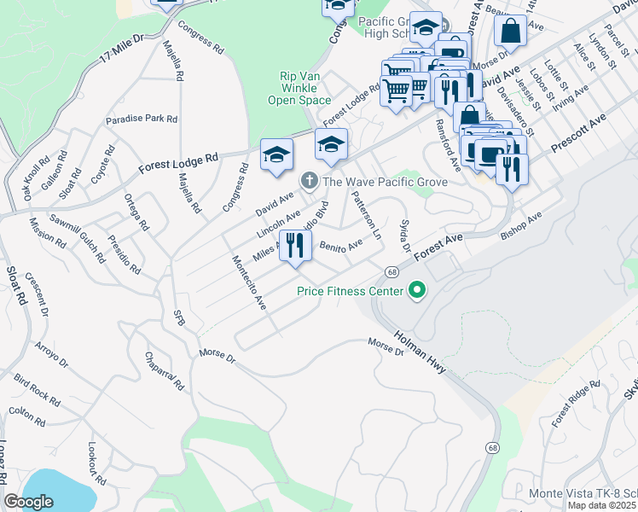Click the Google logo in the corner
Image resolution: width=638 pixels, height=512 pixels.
29,502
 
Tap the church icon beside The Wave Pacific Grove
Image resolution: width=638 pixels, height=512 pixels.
309,182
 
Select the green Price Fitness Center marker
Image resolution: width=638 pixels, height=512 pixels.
417,292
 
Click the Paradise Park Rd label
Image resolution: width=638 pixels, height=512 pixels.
142,119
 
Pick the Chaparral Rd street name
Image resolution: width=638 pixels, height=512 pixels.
165,370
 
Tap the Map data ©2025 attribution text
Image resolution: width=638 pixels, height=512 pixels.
602,505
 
